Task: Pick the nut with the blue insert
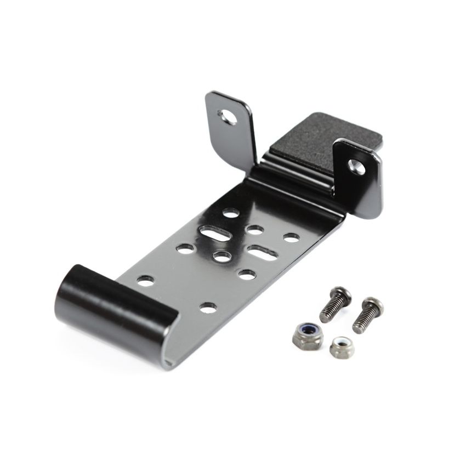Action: coord(302,332)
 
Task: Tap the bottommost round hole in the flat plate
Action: coord(208,308)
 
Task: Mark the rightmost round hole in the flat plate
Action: coord(291,237)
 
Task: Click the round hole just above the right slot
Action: coord(254,230)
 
